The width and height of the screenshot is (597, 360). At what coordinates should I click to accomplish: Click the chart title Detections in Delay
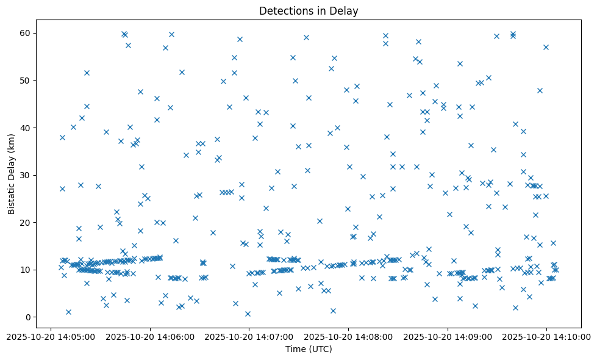[309, 11]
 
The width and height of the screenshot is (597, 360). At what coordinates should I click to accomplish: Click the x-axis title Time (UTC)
[309, 349]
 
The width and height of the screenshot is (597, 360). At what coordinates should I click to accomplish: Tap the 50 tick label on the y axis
[26, 81]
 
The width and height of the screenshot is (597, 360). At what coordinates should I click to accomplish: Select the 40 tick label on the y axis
[26, 128]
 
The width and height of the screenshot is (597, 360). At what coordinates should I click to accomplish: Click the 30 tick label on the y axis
[26, 175]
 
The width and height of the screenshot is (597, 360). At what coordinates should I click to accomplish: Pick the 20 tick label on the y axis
[26, 223]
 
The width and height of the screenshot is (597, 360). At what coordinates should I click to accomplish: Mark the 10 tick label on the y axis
[26, 270]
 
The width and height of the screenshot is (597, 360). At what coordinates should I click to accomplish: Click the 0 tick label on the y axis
[28, 317]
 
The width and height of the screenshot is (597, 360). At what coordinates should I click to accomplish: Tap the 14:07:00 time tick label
[249, 336]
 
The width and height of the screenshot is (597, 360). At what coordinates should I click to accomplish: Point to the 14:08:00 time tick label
[348, 336]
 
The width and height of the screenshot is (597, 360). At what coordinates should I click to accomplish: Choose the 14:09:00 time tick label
[448, 336]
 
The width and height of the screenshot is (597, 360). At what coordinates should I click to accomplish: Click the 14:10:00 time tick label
[547, 336]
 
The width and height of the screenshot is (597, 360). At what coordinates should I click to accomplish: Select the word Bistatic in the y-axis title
[12, 196]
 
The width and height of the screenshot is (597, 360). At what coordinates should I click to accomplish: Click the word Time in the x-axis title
[295, 349]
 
